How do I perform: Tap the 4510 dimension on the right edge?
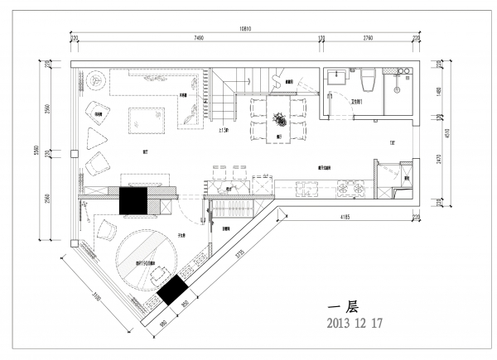click(447, 135)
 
